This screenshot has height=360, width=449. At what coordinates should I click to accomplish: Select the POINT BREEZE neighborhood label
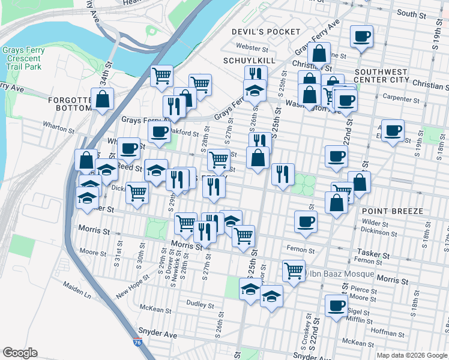click(x=393, y=211)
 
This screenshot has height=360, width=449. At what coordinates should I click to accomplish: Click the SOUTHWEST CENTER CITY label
click(x=390, y=76)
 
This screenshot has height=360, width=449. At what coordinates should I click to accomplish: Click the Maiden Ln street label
click(x=79, y=295)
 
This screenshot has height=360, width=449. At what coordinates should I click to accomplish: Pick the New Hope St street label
click(x=131, y=286)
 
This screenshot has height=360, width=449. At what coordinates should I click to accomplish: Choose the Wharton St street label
click(x=58, y=127)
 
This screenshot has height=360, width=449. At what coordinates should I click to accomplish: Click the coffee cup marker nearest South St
click(x=362, y=37)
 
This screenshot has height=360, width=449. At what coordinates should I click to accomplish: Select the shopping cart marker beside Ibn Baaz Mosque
click(x=294, y=270)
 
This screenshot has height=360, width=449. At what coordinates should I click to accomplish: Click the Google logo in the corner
click(x=20, y=353)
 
